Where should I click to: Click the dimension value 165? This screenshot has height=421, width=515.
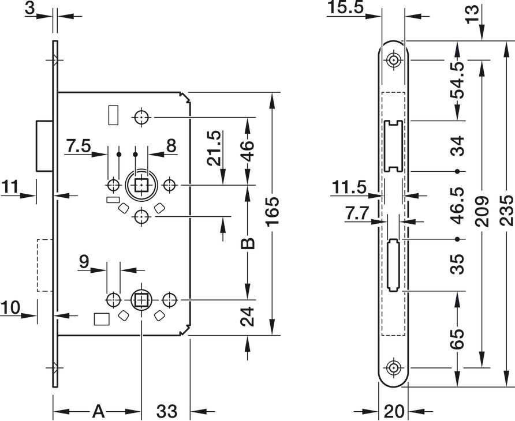coord(273,212)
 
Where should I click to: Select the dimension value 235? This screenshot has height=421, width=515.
coord(506,210)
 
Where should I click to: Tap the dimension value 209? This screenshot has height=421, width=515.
coord(482,212)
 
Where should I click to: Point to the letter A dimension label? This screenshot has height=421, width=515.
coord(98,411)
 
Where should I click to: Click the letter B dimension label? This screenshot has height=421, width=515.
coord(248,243)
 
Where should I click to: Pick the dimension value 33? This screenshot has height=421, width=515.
coord(166,411)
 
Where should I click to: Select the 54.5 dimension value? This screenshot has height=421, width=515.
coord(457,80)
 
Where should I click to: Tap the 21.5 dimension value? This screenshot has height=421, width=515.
coord(214,148)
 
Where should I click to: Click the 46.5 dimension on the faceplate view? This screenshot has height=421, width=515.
coord(457,205)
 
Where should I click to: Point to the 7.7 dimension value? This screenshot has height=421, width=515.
coord(357,214)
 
